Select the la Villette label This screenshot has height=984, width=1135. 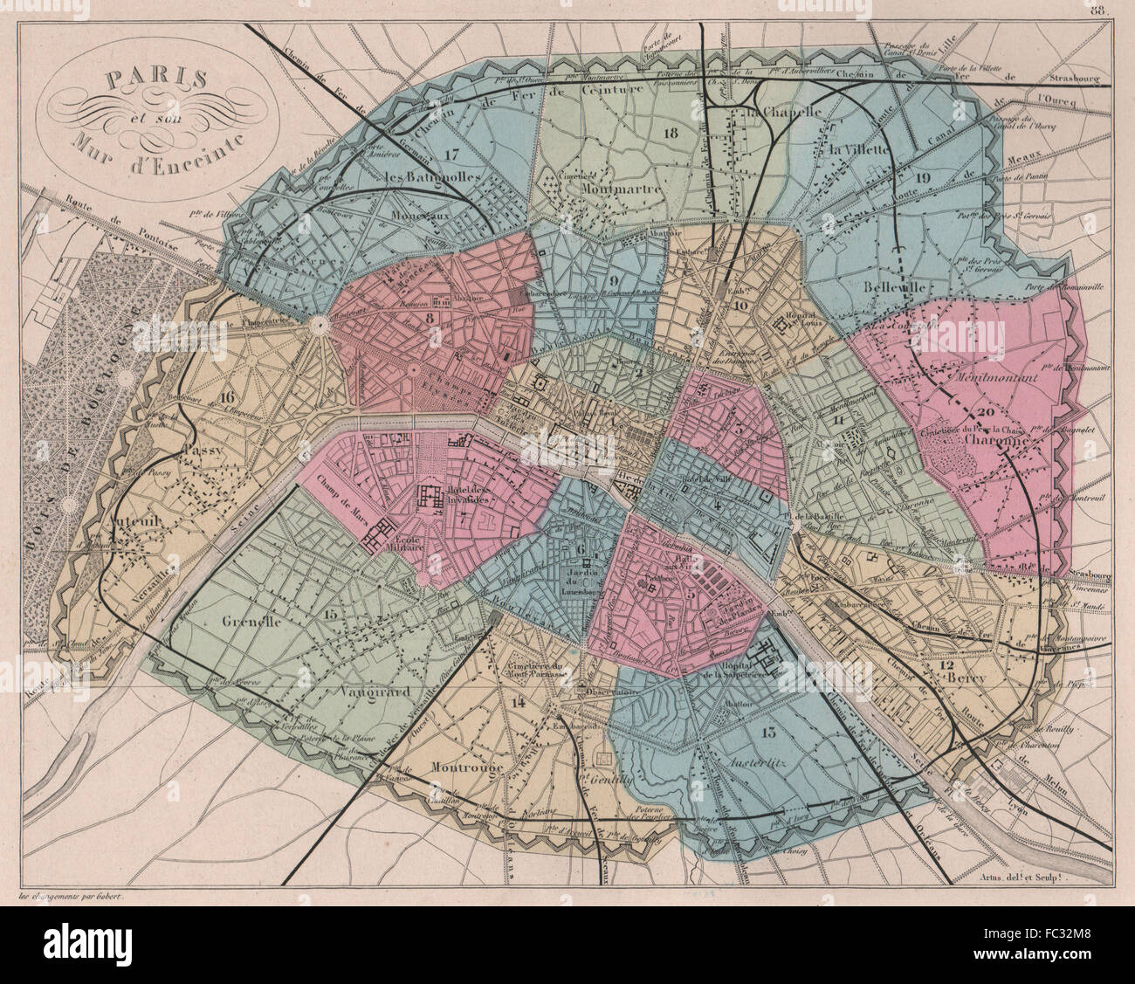pyautogui.click(x=859, y=149)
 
